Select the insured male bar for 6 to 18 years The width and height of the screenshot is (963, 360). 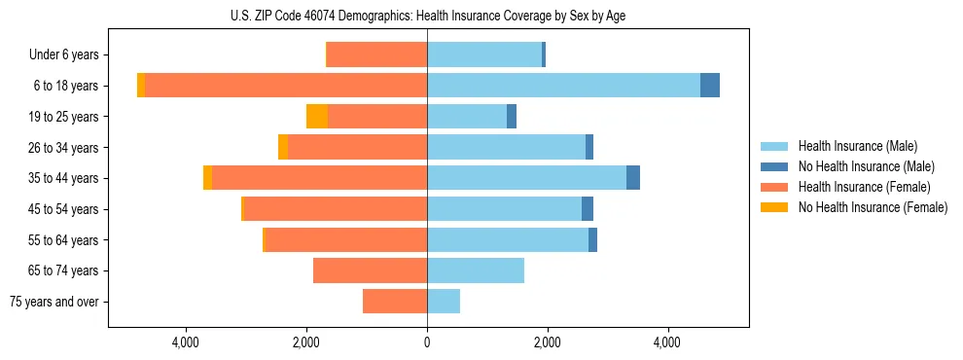coord(563,86)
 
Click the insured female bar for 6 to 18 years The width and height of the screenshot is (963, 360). coord(286,86)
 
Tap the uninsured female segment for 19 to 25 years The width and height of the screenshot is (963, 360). coord(317,117)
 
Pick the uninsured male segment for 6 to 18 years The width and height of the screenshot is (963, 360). coord(710,86)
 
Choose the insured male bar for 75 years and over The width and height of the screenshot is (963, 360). coord(444,302)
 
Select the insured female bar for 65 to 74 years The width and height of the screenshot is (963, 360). coord(370,270)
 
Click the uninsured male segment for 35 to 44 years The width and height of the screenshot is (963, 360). coord(633,178)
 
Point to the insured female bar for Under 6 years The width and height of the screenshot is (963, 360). coord(376,54)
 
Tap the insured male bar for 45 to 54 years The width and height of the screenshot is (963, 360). coord(504,209)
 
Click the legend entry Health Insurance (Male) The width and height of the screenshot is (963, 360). coord(857,146)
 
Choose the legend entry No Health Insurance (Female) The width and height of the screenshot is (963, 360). coord(873,207)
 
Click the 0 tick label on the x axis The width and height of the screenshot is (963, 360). coord(427,342)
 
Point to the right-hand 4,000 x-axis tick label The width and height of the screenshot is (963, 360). coord(667,342)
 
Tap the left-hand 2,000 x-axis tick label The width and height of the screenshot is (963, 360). coord(306,342)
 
